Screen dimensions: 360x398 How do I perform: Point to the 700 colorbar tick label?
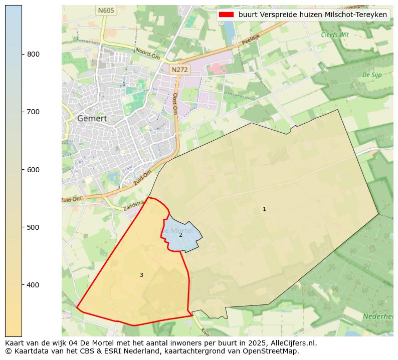(x=33, y=112)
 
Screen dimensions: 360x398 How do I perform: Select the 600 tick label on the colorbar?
(x=33, y=170)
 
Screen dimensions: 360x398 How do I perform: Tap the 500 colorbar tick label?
(x=33, y=227)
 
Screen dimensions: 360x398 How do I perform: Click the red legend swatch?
(x=226, y=15)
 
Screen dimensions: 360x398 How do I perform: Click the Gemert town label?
(x=92, y=119)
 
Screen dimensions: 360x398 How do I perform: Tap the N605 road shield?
(x=106, y=10)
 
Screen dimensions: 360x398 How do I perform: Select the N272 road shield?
(x=179, y=70)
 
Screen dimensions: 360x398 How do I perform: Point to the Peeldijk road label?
(x=252, y=40)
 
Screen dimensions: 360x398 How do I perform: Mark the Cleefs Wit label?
(x=334, y=35)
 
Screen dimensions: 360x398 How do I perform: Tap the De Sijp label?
(x=371, y=75)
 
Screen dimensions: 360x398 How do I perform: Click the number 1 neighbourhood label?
(x=264, y=209)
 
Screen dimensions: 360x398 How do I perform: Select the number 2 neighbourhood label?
(x=180, y=235)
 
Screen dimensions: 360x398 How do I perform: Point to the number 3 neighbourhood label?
(x=141, y=275)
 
